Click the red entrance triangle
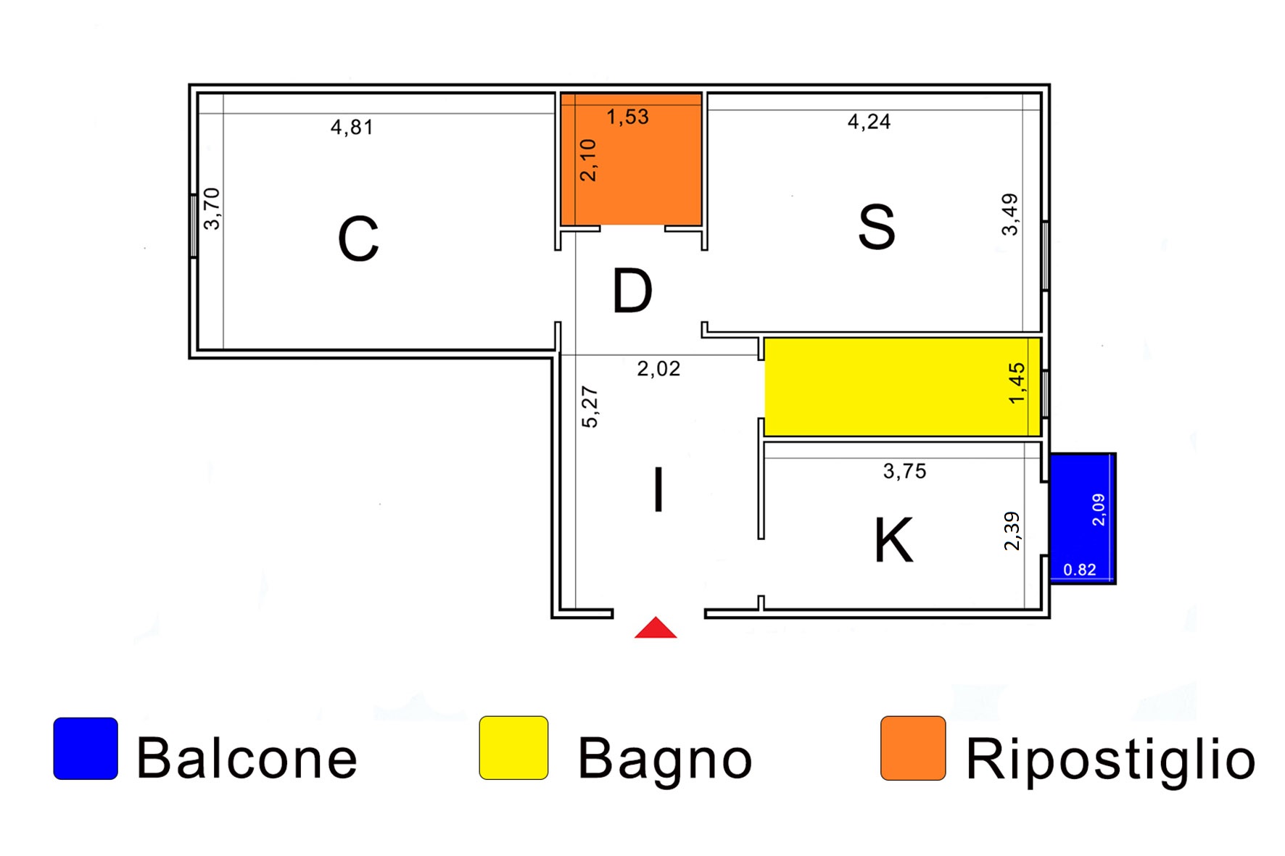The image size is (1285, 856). click(x=656, y=629)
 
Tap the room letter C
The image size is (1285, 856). click(x=358, y=238)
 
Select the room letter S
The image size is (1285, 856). click(x=877, y=228)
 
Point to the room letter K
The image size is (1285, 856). click(x=893, y=541)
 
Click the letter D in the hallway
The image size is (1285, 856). click(x=632, y=291)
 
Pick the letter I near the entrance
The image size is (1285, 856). click(x=658, y=491)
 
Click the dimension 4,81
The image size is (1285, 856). click(x=352, y=128)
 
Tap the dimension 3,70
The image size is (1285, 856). click(x=212, y=209)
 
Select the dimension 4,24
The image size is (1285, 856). click(x=869, y=121)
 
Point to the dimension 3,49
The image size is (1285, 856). click(x=1009, y=215)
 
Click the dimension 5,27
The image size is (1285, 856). click(x=590, y=407)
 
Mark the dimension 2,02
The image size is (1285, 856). click(x=658, y=369)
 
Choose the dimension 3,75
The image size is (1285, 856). click(x=904, y=471)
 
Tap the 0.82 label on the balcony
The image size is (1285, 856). click(x=1079, y=570)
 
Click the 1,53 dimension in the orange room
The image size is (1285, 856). click(x=627, y=117)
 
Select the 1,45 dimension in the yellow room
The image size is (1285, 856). click(x=1017, y=383)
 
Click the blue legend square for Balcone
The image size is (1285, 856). click(x=86, y=749)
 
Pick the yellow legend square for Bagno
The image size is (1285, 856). click(x=513, y=748)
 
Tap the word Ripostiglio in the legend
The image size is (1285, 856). click(x=1110, y=760)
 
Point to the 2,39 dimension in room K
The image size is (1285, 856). click(x=1012, y=531)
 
